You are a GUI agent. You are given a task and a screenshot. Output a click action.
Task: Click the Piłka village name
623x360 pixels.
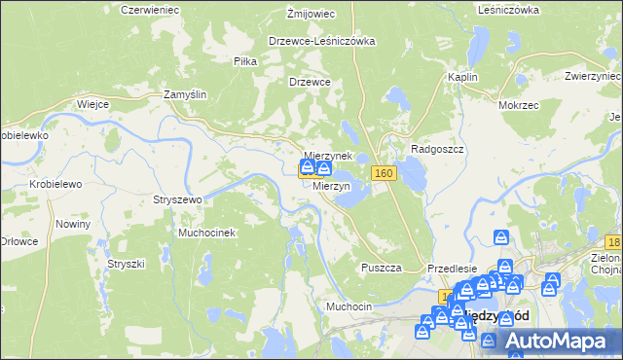pyautogui.click(x=244, y=60)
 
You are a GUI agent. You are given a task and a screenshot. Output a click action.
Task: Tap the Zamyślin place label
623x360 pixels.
pyautogui.click(x=185, y=94)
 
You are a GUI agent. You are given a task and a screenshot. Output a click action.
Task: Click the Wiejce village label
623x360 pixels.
pyautogui.click(x=92, y=102)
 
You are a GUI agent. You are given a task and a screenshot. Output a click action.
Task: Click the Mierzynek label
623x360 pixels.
pyautogui.click(x=328, y=156)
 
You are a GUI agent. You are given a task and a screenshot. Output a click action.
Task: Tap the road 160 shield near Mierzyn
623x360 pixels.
pyautogui.click(x=385, y=173)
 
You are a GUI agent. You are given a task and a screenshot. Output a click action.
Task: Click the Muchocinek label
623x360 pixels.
pyautogui.click(x=206, y=234)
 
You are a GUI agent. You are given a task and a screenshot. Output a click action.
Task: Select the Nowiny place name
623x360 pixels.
pyautogui.click(x=73, y=224)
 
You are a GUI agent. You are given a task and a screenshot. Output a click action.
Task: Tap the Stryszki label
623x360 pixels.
pyautogui.click(x=126, y=264)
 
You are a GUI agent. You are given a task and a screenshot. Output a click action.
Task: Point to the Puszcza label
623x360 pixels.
pyautogui.click(x=381, y=268)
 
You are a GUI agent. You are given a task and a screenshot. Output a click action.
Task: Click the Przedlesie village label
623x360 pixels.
pyautogui.click(x=452, y=269)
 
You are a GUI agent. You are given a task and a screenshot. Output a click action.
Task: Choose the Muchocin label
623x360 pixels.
pyautogui.click(x=349, y=306)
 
